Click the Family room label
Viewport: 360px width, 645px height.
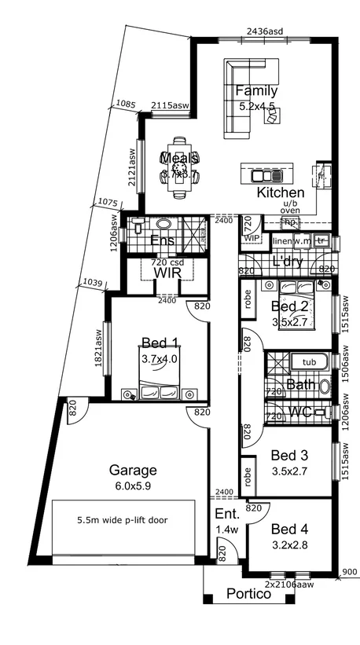(256, 91)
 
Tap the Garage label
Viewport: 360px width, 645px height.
(132, 471)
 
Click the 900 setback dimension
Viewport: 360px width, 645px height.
(348, 573)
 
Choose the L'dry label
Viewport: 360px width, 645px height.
(286, 262)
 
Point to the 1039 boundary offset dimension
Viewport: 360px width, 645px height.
(93, 283)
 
